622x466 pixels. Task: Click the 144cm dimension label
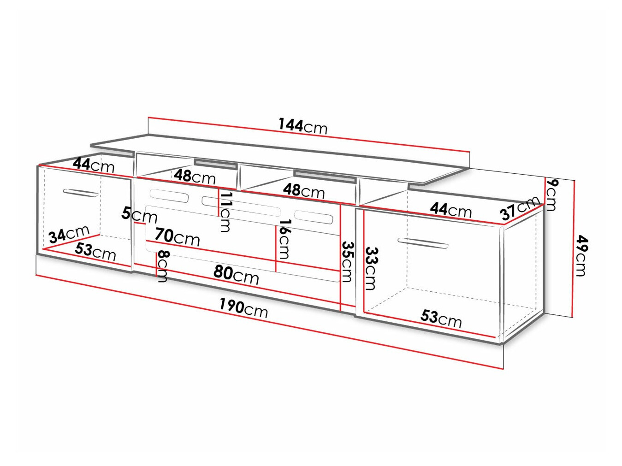302,125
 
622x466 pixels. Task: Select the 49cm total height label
582,255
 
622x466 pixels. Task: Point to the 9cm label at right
551,195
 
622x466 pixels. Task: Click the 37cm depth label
520,207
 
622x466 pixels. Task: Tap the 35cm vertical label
347,261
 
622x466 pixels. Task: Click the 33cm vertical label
371,268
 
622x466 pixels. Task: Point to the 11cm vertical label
225,212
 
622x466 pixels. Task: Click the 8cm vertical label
163,266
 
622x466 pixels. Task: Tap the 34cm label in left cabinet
69,235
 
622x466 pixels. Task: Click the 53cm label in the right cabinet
441,318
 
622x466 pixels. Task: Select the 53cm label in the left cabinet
95,251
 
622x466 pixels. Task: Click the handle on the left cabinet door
81,193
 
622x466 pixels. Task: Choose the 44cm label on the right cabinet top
450,210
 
